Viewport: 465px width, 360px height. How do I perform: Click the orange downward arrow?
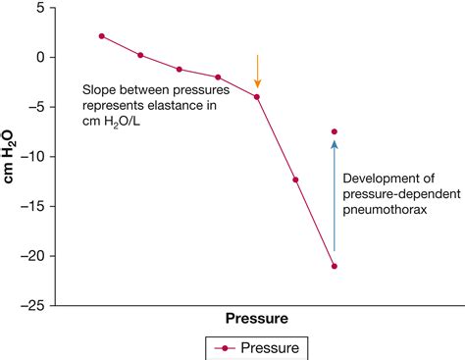pos(257,71)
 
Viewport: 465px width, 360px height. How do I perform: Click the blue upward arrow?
pos(335,196)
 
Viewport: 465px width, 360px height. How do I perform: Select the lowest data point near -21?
pos(335,266)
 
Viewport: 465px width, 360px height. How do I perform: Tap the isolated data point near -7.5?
pos(335,131)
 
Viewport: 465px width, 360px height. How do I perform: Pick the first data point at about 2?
pos(101,36)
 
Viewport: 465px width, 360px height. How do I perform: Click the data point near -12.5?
pos(295,180)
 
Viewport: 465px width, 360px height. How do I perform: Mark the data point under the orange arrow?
pos(257,96)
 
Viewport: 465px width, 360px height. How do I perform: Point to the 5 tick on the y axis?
pos(41,8)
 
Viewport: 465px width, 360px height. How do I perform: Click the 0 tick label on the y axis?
pos(41,57)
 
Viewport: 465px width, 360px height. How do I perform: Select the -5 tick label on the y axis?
pos(37,107)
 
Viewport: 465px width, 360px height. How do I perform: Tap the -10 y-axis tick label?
pos(34,157)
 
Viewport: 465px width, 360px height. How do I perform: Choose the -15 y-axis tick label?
pos(34,206)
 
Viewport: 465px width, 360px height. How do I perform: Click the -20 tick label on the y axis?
pos(34,256)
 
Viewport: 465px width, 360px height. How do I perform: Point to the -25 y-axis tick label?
pos(34,305)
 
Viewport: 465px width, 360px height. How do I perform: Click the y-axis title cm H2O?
pos(12,157)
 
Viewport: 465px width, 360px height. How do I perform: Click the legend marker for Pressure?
pos(226,346)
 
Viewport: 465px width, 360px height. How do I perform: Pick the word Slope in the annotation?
pos(100,88)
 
